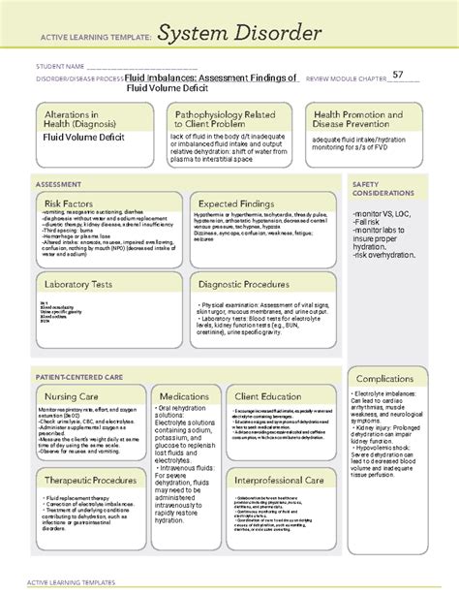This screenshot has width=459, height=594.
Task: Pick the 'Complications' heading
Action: point(384,378)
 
